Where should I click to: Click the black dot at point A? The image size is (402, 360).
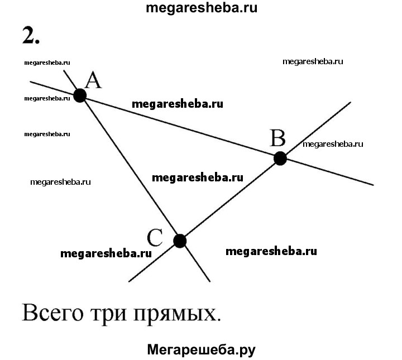80,96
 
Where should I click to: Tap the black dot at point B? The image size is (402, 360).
280,159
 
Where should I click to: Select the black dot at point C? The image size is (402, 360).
179,241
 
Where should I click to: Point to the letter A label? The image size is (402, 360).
93,81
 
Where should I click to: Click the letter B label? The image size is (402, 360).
277,137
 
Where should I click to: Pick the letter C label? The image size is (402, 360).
155,238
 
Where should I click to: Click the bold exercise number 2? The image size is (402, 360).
31,35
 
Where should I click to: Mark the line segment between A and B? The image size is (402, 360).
179,127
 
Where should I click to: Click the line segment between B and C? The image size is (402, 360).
229,200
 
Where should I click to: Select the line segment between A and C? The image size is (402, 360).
130,169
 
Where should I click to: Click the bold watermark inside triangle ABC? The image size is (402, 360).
198,177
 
